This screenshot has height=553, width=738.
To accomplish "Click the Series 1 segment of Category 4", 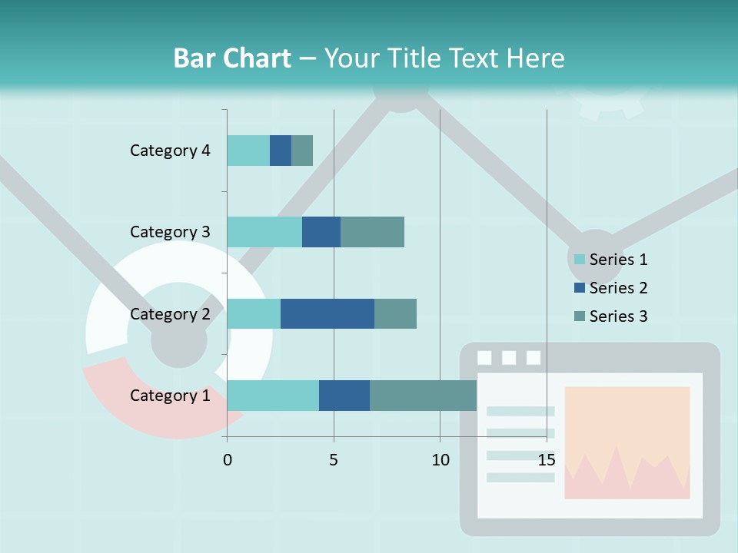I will coord(248,151).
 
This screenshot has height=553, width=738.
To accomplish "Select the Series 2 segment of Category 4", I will coord(281,151).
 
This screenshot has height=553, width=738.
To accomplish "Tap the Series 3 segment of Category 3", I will coord(372,232).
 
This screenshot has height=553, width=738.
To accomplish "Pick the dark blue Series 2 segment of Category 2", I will coord(327,314).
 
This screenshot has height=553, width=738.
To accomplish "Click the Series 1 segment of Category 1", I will coord(273,396).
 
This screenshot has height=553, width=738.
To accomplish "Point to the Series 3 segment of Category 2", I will coord(395,314).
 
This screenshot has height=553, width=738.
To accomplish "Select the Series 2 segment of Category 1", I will coord(344,396).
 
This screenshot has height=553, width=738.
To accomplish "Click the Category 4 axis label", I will coord(170,151).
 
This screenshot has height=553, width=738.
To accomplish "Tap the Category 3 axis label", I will coord(170,232).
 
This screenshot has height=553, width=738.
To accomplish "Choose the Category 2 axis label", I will coord(170,314).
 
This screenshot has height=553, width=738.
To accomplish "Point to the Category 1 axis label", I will coord(170,396).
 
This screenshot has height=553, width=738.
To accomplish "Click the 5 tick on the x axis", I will coord(334,460).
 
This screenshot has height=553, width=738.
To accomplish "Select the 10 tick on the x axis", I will coord(440,460).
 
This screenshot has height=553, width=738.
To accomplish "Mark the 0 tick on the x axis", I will coord(228,460).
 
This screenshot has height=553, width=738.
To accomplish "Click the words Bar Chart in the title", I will coord(232,58).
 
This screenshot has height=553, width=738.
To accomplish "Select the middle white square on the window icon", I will coord(509,357).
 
